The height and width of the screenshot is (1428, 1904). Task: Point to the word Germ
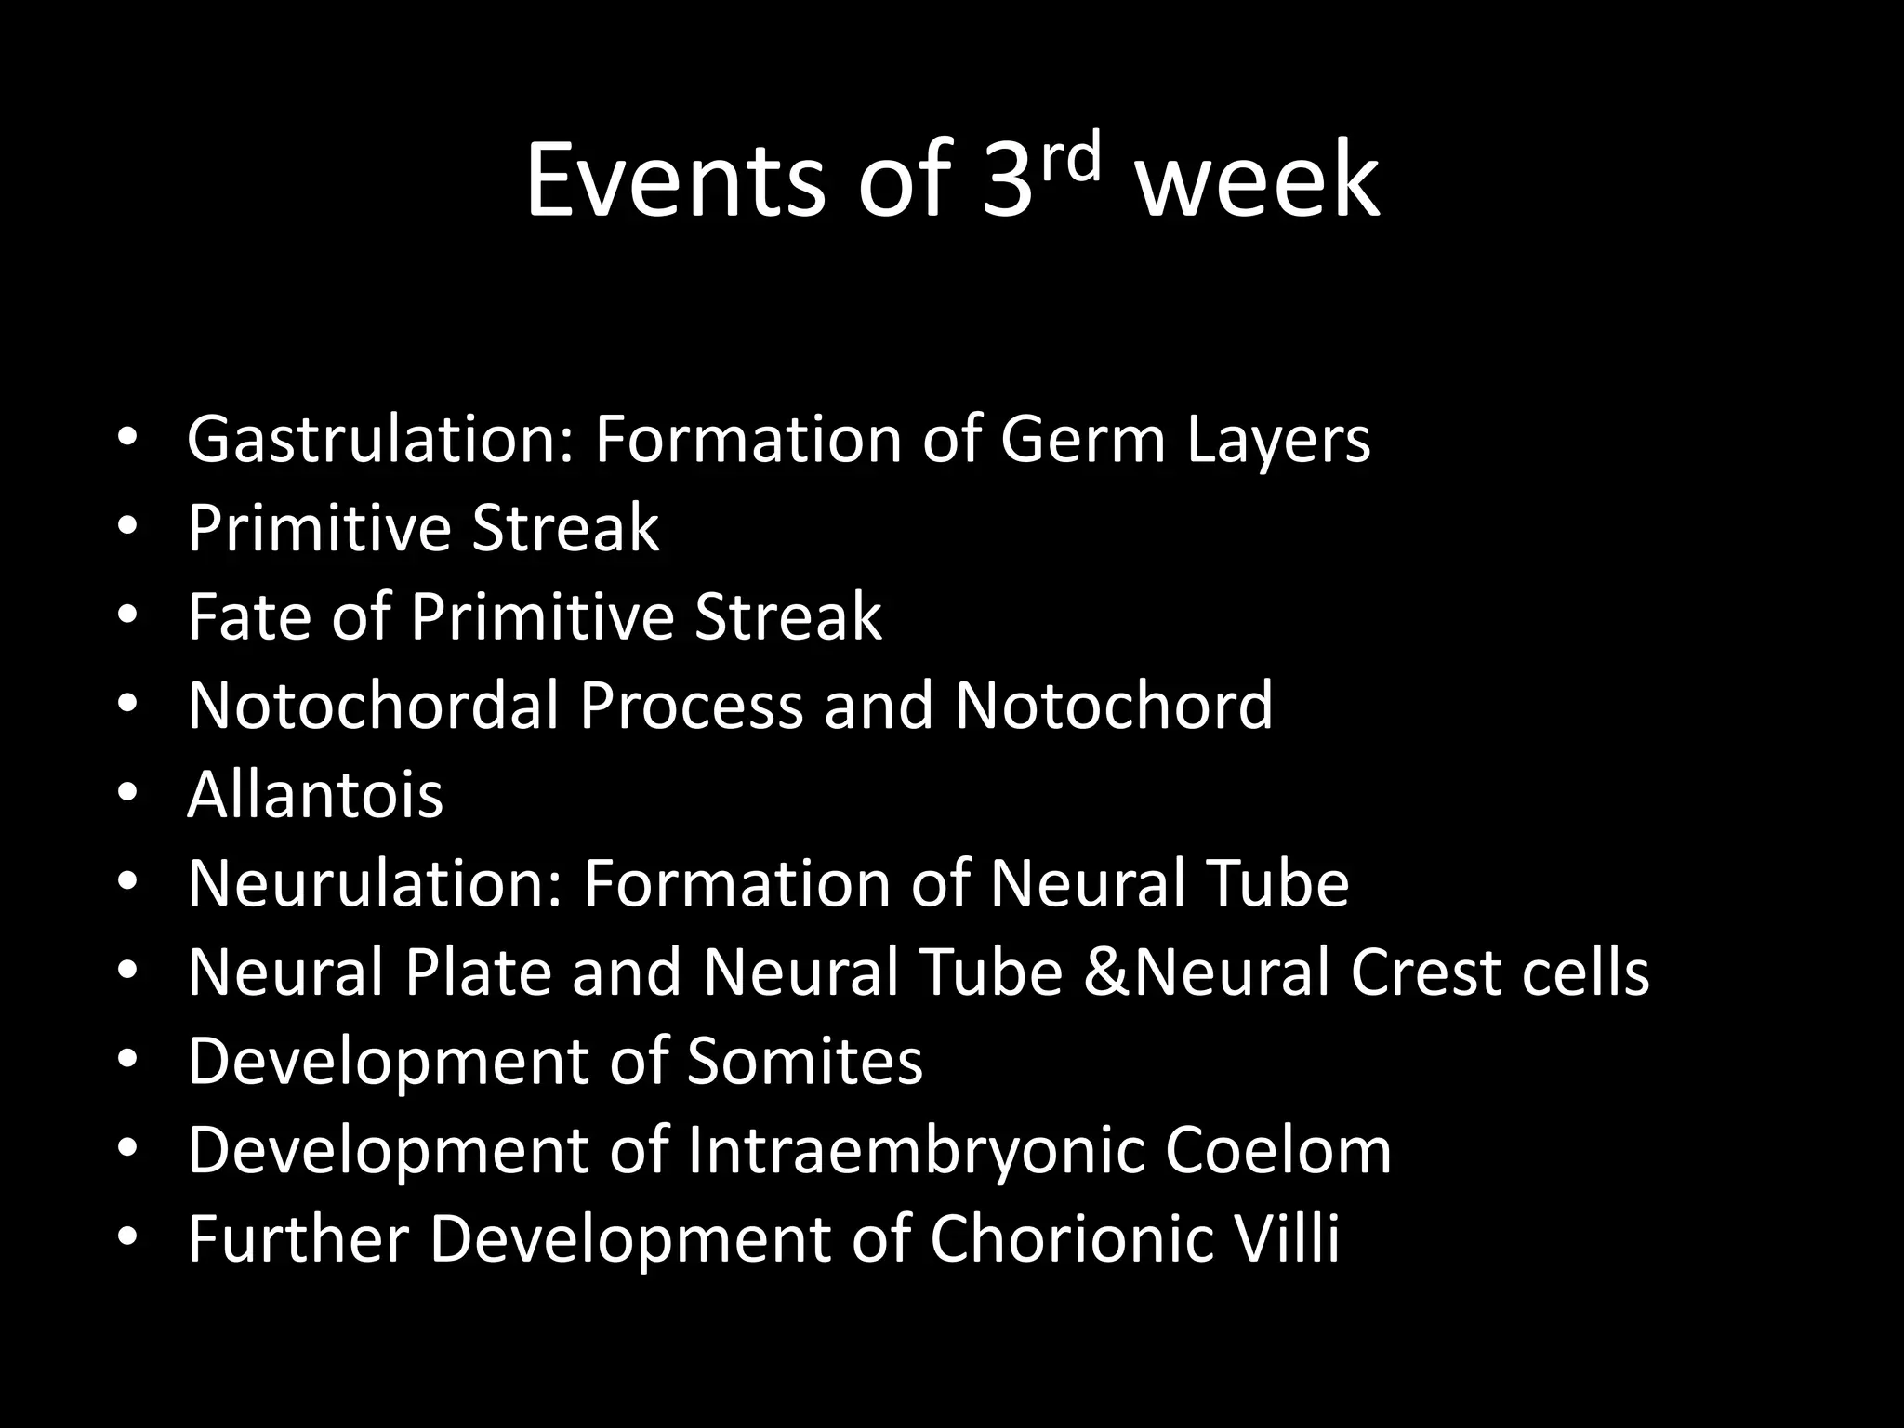click(1082, 439)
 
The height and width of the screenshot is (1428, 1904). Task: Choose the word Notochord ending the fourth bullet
click(1114, 705)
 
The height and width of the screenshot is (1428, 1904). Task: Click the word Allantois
click(315, 794)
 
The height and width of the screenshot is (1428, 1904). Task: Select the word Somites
click(805, 1061)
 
